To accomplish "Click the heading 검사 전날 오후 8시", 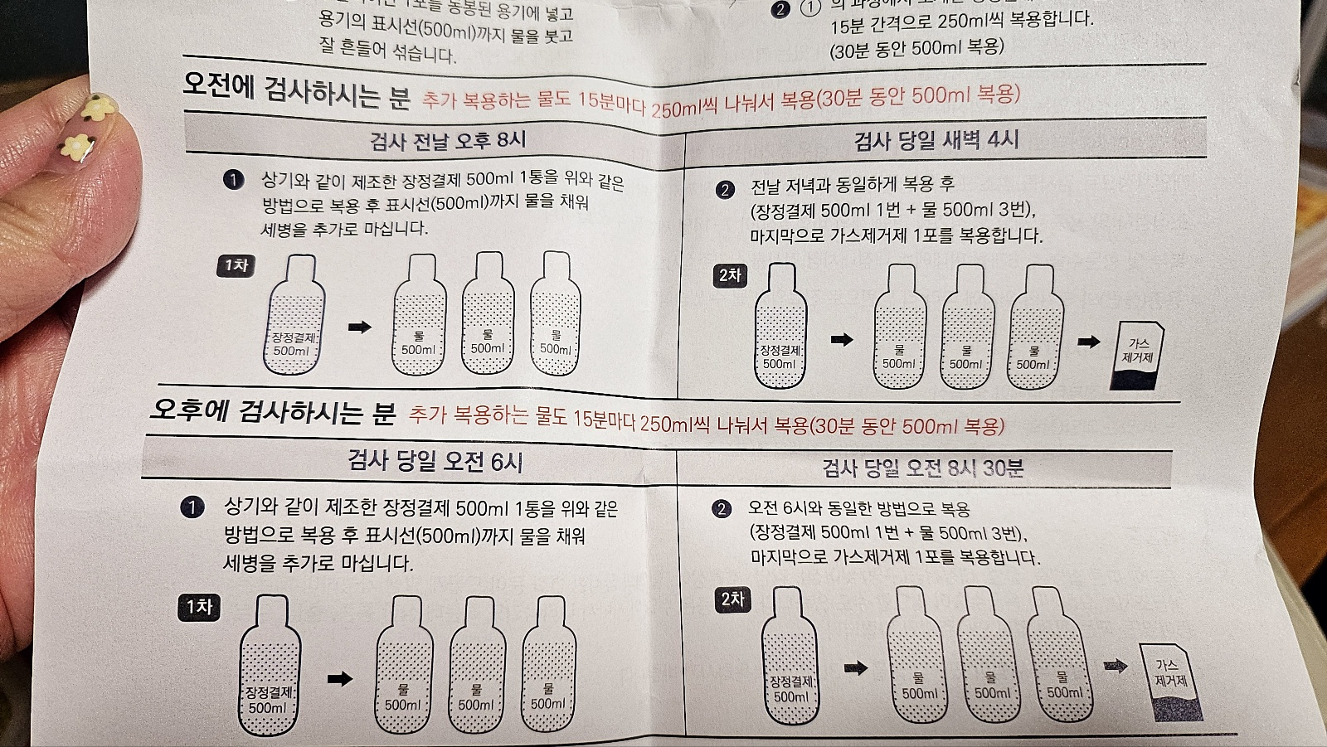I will pos(447,140).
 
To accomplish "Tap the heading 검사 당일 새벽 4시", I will pos(936,140).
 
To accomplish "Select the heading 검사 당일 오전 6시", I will pos(435,461).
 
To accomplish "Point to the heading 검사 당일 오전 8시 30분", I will pos(923,468).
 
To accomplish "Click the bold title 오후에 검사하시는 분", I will pos(273,410).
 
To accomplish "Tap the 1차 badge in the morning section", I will pos(236,265).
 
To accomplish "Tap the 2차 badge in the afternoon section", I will pos(732,599).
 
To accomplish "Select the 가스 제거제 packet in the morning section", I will pos(1137,355).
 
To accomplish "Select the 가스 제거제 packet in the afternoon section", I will pos(1170,682).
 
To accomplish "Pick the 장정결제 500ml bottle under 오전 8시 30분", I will pos(790,659).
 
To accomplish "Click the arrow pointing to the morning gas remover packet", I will pos(1089,342).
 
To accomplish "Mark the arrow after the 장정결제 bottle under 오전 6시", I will pos(339,679).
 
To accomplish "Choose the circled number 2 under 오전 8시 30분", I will pos(722,508).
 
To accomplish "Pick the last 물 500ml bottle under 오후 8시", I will pos(554,319).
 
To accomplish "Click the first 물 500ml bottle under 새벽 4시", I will pos(899,332).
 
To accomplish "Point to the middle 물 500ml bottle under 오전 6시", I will pos(476,672).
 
